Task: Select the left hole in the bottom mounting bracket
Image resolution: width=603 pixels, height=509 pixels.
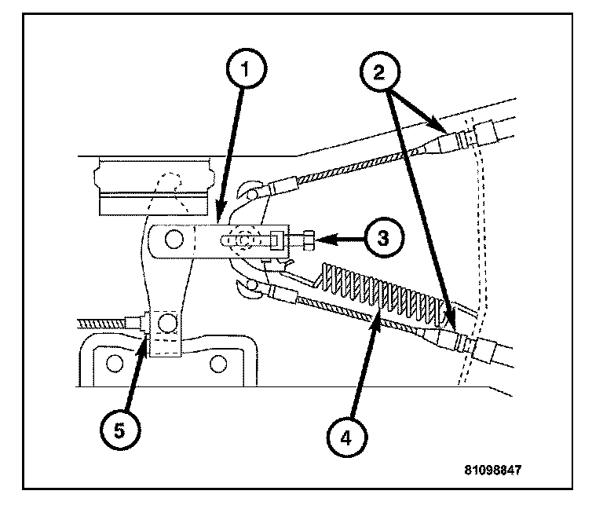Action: (115, 362)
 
